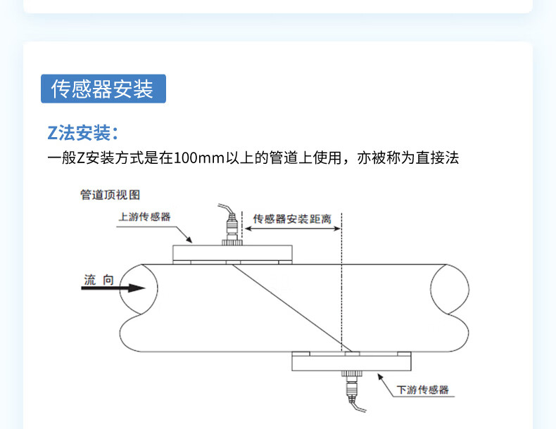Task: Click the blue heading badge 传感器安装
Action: pos(103,89)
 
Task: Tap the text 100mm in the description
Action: pos(198,158)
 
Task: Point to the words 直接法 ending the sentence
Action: pos(437,158)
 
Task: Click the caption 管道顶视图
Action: pos(110,195)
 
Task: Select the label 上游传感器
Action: pos(144,217)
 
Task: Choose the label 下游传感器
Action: pos(423,390)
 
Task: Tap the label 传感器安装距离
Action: pos(292,219)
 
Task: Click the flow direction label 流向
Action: pos(99,280)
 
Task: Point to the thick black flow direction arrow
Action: pos(113,288)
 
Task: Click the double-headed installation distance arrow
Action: pos(293,229)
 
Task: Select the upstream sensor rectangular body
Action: pos(232,253)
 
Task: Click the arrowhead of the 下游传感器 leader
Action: pos(380,377)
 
